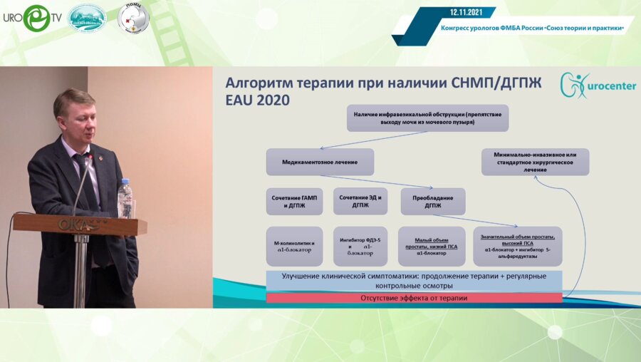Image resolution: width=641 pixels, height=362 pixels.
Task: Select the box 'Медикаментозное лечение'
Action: (x=320, y=162)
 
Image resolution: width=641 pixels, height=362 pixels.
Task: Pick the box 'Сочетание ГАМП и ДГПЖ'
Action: (x=293, y=201)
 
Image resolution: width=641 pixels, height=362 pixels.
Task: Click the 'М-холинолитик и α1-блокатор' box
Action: (x=293, y=247)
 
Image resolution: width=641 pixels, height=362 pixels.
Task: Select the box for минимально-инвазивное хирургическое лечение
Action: (x=535, y=162)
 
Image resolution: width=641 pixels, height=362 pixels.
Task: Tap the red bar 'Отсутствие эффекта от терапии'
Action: (x=414, y=298)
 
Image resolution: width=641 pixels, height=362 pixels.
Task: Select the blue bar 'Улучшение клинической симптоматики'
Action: (x=414, y=280)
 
